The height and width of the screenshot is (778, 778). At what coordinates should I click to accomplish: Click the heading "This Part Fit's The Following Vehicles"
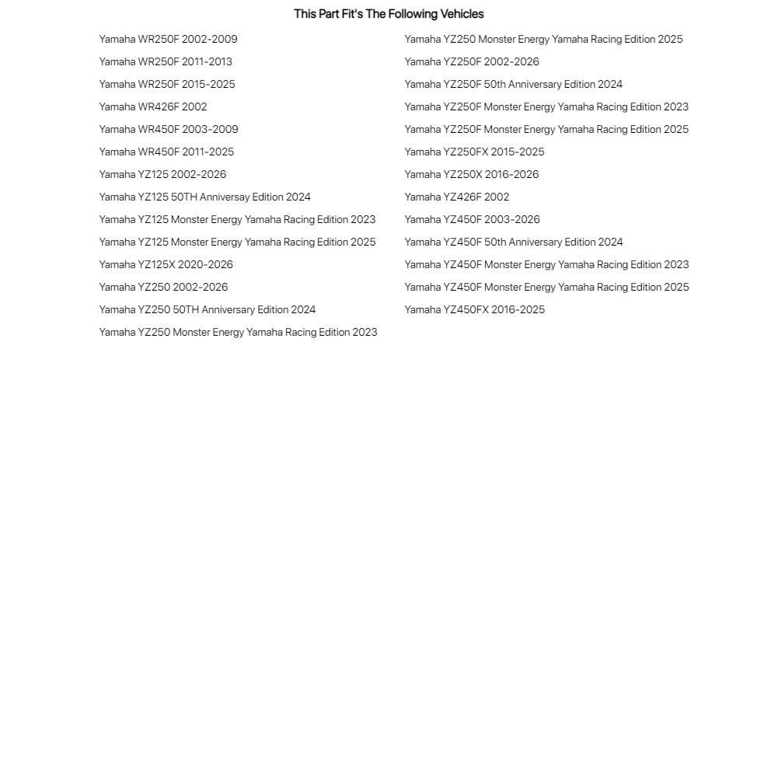click(x=389, y=14)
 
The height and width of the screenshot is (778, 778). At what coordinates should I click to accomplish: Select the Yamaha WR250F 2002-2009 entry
click(x=168, y=40)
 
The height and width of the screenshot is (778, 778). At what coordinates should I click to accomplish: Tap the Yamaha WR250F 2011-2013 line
click(x=166, y=62)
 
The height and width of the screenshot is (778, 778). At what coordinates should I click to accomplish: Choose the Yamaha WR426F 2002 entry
click(x=153, y=107)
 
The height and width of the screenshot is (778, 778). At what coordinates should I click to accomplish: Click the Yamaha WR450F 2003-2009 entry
click(x=169, y=130)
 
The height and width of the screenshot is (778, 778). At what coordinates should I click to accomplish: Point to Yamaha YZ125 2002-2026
click(x=162, y=175)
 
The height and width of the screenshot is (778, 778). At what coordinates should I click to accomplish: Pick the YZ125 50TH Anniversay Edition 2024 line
click(x=204, y=197)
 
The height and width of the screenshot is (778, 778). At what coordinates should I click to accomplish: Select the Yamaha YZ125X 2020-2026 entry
click(x=166, y=265)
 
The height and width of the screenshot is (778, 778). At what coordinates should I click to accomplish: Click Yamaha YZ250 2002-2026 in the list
click(x=163, y=288)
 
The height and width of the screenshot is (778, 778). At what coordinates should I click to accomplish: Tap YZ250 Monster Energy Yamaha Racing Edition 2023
click(x=238, y=333)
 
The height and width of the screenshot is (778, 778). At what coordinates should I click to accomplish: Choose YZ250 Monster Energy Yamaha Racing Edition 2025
click(x=543, y=40)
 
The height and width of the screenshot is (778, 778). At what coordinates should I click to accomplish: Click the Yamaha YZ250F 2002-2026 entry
click(x=472, y=62)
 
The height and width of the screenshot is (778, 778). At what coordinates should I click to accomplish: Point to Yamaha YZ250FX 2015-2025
click(x=474, y=152)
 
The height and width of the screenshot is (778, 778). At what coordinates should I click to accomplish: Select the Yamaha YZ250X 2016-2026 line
click(x=472, y=175)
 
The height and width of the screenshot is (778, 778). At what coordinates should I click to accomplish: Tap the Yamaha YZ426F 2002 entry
click(x=457, y=197)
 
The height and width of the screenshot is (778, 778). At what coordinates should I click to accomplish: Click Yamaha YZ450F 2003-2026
click(x=472, y=220)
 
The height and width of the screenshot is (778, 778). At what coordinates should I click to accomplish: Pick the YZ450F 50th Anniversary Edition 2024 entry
click(x=514, y=242)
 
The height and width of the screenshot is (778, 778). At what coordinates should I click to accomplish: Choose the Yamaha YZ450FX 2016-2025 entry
click(x=474, y=310)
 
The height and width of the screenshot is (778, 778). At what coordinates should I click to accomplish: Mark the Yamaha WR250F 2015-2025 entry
click(x=167, y=85)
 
